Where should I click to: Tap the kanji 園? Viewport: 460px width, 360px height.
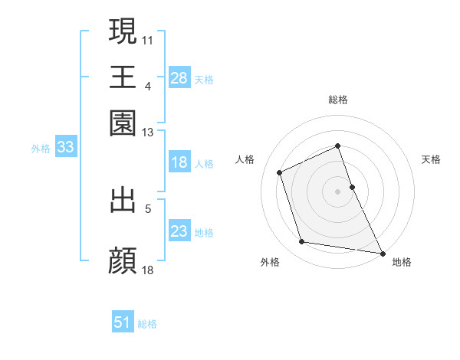click(x=123, y=123)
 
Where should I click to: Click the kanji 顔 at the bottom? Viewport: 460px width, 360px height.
click(x=123, y=260)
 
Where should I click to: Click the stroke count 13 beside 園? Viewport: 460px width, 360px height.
click(x=148, y=133)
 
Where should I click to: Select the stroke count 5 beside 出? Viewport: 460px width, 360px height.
click(x=148, y=208)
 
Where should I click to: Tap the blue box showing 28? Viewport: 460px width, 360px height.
click(x=179, y=77)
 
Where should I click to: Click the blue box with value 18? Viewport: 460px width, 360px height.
click(x=179, y=162)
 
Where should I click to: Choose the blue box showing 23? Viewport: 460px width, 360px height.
click(x=179, y=231)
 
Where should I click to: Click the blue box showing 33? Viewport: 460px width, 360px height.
click(x=64, y=148)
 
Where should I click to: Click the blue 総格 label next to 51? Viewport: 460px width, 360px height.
click(x=147, y=324)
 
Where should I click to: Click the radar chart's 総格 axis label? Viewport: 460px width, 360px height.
click(x=338, y=100)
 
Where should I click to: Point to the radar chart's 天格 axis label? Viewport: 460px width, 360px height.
click(x=431, y=159)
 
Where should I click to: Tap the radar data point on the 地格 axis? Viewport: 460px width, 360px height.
click(x=381, y=252)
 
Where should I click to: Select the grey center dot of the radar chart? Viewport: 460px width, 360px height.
click(x=338, y=191)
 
